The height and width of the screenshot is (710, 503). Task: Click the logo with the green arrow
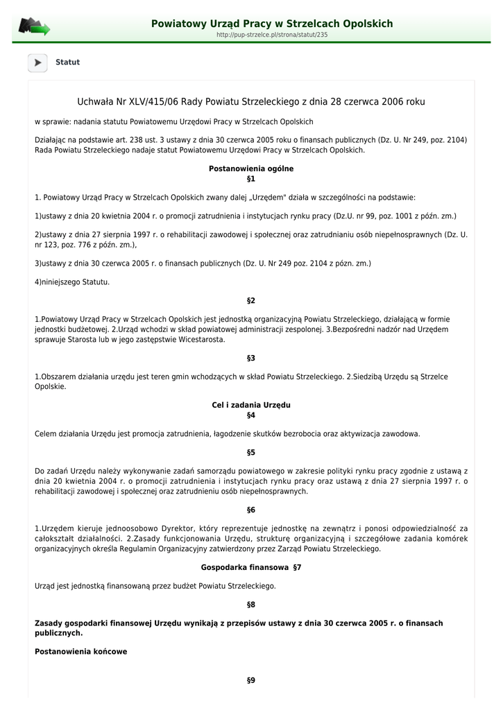click(34, 27)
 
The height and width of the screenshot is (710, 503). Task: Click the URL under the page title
click(272, 35)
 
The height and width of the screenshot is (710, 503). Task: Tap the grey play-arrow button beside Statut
click(37, 63)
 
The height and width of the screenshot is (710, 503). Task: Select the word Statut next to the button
click(68, 62)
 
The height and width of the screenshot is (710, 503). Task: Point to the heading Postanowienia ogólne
click(251, 168)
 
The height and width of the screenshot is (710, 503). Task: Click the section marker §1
click(251, 179)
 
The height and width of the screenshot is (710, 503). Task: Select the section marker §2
click(251, 301)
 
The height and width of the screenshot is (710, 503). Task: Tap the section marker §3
click(251, 358)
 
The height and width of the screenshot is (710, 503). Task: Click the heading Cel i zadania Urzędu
click(251, 405)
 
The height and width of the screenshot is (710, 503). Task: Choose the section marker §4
click(251, 415)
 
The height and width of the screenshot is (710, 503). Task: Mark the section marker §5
click(251, 453)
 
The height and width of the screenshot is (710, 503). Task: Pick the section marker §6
click(251, 510)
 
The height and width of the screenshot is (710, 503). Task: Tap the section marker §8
click(251, 605)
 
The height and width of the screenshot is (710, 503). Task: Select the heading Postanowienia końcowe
click(81, 652)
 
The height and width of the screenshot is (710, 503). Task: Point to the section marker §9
click(251, 681)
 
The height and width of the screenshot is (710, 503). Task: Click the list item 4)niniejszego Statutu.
click(72, 282)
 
